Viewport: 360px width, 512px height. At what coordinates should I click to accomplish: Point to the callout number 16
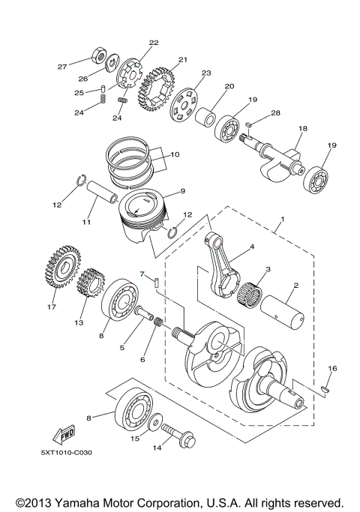point(333,369)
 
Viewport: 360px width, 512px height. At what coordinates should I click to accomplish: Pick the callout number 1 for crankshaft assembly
point(281,221)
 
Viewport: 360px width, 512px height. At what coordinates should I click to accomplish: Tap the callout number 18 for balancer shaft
point(301,130)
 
